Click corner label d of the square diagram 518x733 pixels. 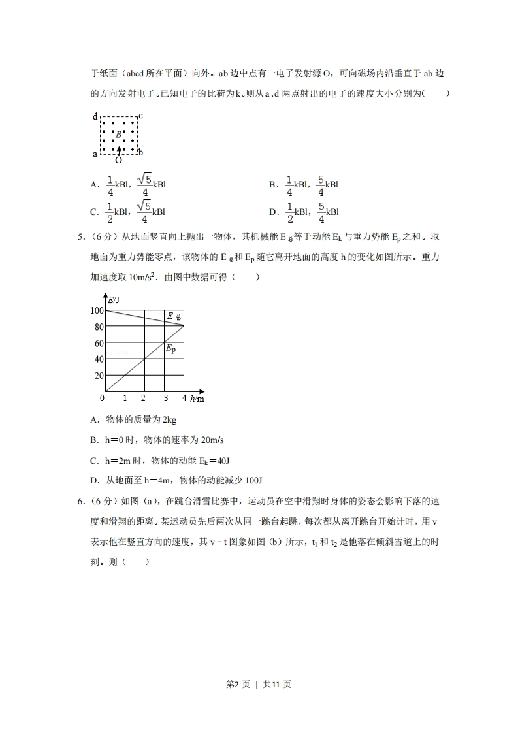[x=95, y=117]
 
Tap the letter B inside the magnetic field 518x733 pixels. [x=118, y=135]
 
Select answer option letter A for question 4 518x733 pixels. [x=94, y=186]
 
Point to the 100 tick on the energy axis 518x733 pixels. [x=97, y=310]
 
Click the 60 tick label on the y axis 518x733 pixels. [x=99, y=343]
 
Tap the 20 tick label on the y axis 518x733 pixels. [x=99, y=376]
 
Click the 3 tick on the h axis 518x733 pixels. [x=165, y=398]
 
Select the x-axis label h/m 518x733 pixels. [x=197, y=398]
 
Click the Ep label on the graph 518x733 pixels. [x=170, y=350]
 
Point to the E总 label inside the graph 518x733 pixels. [x=173, y=317]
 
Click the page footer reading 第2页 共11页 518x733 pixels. [x=259, y=685]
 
